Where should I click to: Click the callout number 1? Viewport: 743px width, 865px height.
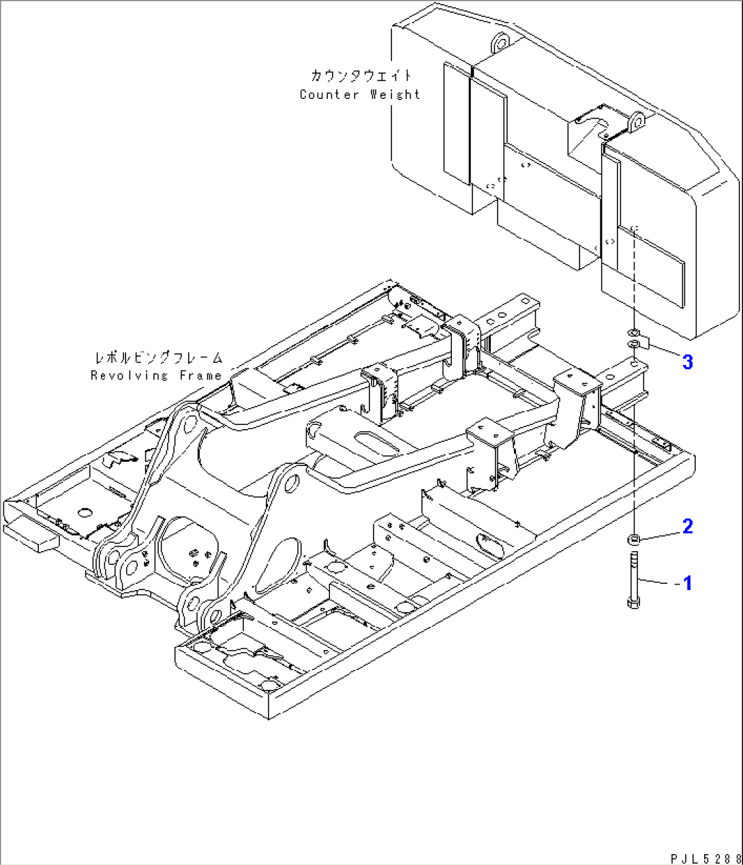687,583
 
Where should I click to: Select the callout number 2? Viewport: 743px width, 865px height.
687,526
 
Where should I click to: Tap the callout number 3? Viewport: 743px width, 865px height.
687,362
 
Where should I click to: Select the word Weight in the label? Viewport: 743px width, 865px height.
395,95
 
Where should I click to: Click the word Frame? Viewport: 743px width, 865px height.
200,376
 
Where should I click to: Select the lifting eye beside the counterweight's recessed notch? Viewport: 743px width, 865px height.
638,123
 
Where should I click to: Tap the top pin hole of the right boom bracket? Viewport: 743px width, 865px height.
290,484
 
